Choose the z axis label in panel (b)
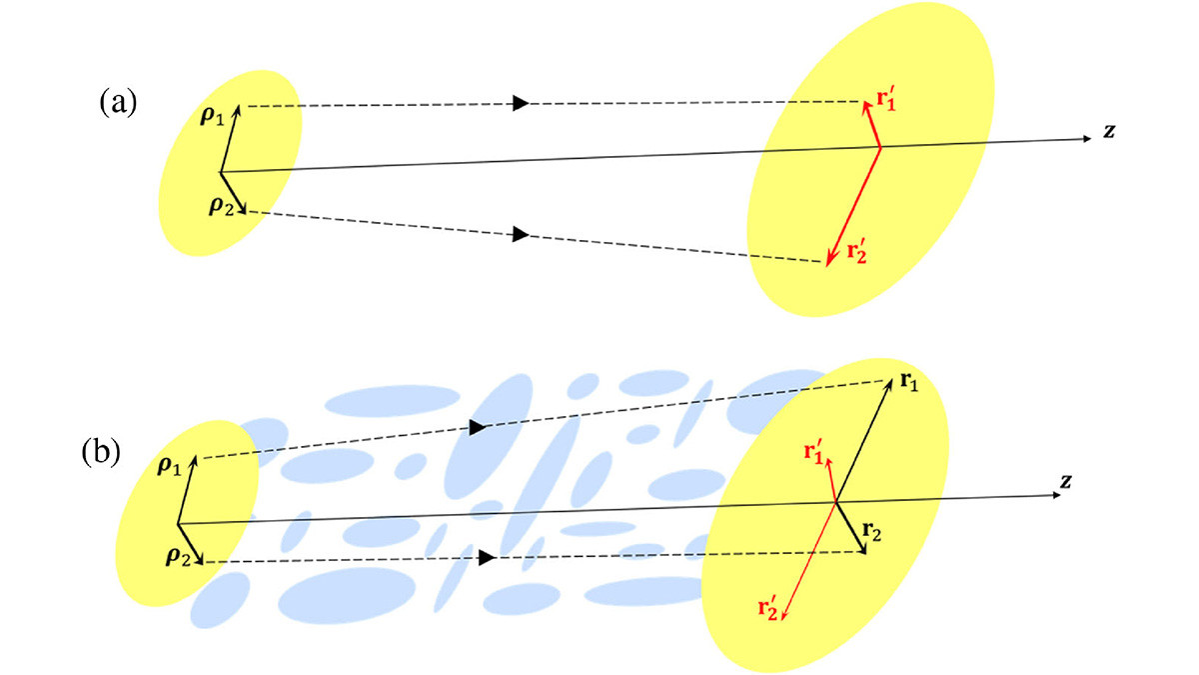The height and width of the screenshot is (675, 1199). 1066,481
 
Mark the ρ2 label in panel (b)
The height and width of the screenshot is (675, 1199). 180,556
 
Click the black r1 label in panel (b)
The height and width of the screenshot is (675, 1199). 907,382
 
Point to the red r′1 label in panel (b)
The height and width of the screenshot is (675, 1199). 816,451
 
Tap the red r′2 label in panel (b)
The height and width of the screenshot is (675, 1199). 770,606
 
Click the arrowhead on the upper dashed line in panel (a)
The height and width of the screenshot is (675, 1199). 520,103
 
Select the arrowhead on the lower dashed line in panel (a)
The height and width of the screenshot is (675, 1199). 520,234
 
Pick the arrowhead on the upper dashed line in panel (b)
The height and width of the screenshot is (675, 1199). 477,428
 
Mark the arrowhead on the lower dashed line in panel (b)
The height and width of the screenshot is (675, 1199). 487,558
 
